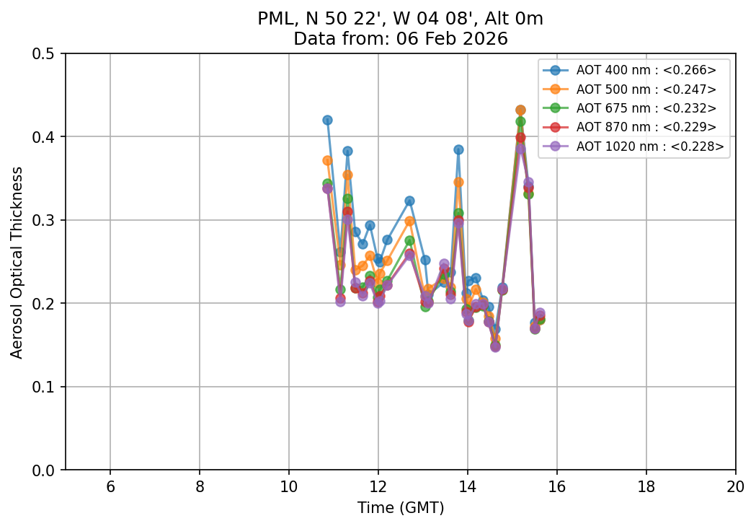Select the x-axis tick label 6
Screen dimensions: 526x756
tap(110, 487)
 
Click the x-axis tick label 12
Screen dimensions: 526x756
tap(378, 487)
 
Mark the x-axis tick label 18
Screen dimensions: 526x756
tap(646, 487)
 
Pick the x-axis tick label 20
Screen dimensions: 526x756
tap(735, 487)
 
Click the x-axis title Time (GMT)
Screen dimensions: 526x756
tap(401, 508)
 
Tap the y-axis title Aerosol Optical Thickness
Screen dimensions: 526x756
tap(17, 262)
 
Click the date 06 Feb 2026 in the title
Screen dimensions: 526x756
tap(452, 39)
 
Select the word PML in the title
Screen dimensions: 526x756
tap(273, 19)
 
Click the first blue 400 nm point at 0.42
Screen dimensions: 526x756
tap(327, 120)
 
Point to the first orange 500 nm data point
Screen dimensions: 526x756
tap(327, 160)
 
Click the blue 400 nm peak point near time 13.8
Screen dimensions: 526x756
tap(458, 149)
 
